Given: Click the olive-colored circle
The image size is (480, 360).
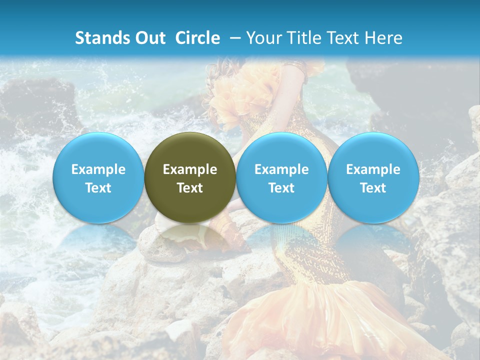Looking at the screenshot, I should pyautogui.click(x=190, y=177).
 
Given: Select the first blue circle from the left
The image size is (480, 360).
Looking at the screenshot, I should pyautogui.click(x=98, y=177).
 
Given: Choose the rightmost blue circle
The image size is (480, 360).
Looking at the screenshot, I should pyautogui.click(x=373, y=177).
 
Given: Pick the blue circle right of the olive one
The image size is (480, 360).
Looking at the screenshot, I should pyautogui.click(x=281, y=177).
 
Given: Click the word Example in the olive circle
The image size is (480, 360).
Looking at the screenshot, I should pyautogui.click(x=190, y=169).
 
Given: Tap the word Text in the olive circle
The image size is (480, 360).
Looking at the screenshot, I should pyautogui.click(x=190, y=188).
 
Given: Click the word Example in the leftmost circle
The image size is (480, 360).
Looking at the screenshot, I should pyautogui.click(x=98, y=169).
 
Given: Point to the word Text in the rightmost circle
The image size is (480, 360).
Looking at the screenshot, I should pyautogui.click(x=373, y=188).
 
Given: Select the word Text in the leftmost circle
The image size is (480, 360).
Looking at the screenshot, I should pyautogui.click(x=98, y=188).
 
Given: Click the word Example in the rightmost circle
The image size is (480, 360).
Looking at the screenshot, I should pyautogui.click(x=373, y=169).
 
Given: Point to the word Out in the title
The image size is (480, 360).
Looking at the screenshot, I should pyautogui.click(x=150, y=38).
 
